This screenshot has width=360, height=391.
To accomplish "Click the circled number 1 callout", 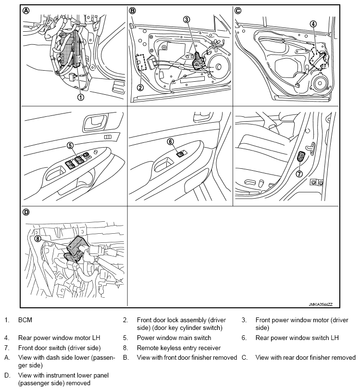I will tap(80, 97).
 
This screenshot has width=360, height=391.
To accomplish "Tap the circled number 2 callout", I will tap(140, 88).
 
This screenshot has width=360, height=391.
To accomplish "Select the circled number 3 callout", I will tap(186, 20).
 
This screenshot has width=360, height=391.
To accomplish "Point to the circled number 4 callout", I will tap(313, 24).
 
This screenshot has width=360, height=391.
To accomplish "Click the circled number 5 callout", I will tap(70, 145).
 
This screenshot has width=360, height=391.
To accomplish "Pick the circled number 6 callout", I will tap(170, 141).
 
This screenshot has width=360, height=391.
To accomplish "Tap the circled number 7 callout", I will tap(299, 174).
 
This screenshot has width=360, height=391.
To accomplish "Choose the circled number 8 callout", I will tap(38, 238).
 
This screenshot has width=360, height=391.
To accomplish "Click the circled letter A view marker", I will tap(27, 11).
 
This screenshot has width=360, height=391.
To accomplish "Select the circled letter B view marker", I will tap(133, 11).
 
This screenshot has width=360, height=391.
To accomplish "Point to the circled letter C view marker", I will tap(238, 11).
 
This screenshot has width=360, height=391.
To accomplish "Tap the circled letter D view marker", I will tap(27, 212).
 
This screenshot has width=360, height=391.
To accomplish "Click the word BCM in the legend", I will tap(25, 319).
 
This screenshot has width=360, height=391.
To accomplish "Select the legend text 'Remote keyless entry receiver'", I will tap(178, 347).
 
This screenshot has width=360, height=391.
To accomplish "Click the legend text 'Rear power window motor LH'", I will tap(59, 338).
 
